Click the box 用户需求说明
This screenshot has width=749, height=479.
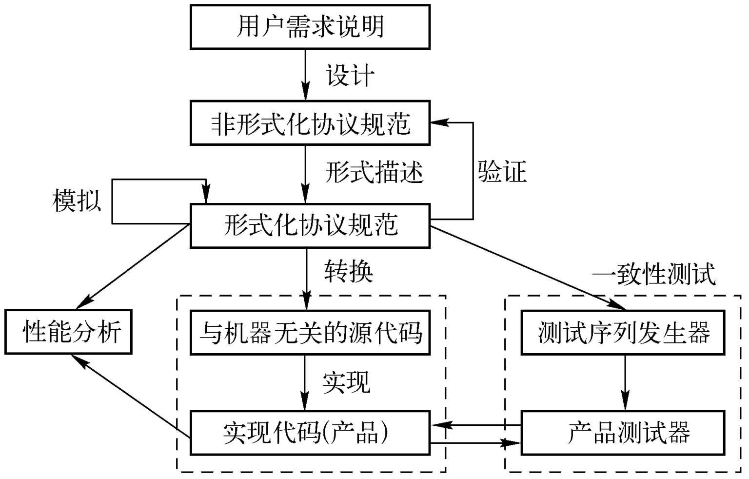[x=310, y=27]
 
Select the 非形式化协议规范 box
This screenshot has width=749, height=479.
[x=310, y=123]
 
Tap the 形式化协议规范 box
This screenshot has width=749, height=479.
[x=310, y=225]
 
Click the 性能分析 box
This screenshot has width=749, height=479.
[x=68, y=332]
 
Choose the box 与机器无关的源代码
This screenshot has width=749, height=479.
[x=310, y=332]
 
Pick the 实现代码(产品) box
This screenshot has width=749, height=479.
[x=310, y=433]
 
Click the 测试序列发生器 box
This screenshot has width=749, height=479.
[x=623, y=332]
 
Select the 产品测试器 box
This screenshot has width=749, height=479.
[x=623, y=433]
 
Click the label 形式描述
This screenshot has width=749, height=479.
[x=374, y=172]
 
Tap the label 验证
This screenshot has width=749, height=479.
[x=502, y=172]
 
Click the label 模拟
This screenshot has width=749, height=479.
[x=77, y=200]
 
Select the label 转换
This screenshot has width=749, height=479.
[x=349, y=271]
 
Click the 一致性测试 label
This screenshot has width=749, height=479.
[x=653, y=274]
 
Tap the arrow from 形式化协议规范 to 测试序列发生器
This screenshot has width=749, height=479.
[x=527, y=268]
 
